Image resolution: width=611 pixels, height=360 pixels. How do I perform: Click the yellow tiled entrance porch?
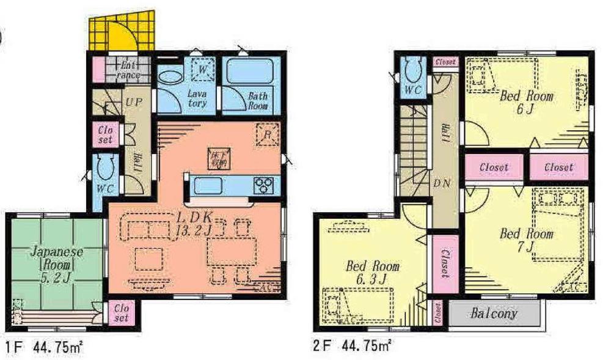pyautogui.click(x=122, y=34)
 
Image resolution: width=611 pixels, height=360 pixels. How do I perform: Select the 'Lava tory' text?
pyautogui.click(x=197, y=98)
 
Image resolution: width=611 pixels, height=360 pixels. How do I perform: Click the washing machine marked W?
pyautogui.click(x=203, y=69)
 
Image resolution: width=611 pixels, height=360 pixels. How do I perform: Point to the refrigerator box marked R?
pyautogui.click(x=267, y=134)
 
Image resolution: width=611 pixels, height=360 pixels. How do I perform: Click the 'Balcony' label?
pyautogui.click(x=494, y=314)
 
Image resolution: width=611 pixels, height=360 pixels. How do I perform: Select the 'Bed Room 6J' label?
pyautogui.click(x=527, y=103)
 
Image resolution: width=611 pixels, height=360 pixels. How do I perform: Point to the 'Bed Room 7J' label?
pyautogui.click(x=526, y=240)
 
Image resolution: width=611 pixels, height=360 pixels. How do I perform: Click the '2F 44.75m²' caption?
pyautogui.click(x=351, y=347)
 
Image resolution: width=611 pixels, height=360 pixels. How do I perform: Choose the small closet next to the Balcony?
pyautogui.click(x=437, y=314)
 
